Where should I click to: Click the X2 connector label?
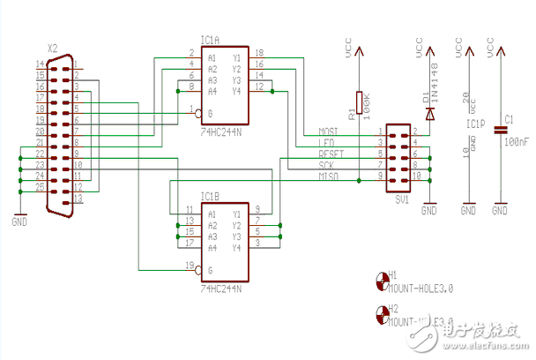click(x=53, y=49)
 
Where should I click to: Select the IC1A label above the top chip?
click(x=210, y=39)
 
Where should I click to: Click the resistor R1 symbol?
click(x=359, y=105)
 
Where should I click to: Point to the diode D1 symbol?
click(x=429, y=112)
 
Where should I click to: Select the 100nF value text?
click(x=519, y=141)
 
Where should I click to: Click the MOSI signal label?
click(x=329, y=131)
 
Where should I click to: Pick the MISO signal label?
click(x=329, y=176)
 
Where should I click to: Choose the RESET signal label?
click(x=331, y=154)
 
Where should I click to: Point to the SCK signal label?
click(x=327, y=165)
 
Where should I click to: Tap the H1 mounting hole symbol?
click(x=382, y=279)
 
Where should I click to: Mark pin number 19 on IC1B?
click(x=189, y=265)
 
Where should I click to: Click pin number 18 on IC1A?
click(x=258, y=53)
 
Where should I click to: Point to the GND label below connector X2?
click(x=19, y=221)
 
